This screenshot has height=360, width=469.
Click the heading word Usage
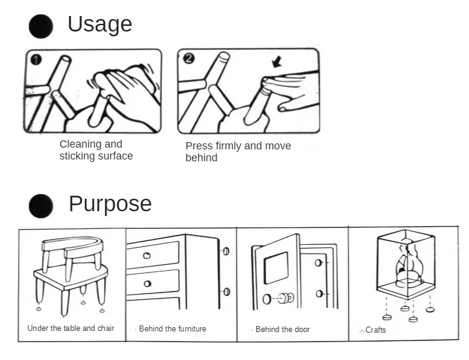[99, 24]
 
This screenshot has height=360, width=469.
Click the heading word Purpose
[110, 204]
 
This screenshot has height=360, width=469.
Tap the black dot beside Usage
[41, 26]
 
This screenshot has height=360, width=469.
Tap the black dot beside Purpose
[41, 206]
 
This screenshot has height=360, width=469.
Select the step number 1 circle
[36, 60]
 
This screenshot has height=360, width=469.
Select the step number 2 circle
[189, 58]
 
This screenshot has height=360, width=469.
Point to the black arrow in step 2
[276, 62]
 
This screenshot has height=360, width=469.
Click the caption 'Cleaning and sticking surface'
[95, 150]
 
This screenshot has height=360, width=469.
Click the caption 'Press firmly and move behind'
[238, 152]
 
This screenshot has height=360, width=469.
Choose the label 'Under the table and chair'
[71, 328]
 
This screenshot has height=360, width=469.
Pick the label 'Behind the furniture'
[172, 329]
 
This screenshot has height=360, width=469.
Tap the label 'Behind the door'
[282, 330]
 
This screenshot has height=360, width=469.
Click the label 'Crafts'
[375, 330]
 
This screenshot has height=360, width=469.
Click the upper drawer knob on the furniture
[147, 255]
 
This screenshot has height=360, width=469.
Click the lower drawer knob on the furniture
[147, 283]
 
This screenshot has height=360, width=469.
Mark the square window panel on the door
[276, 267]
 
